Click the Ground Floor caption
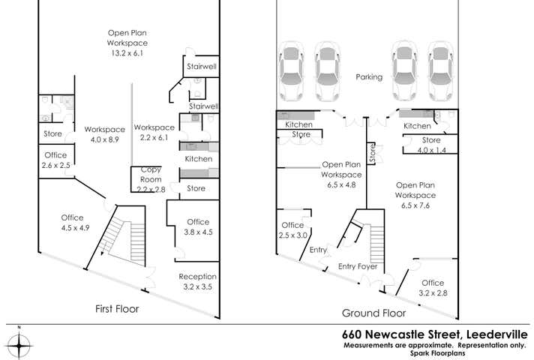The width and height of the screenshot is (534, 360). pos(373,313)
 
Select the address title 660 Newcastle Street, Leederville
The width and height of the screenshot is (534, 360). pos(434,334)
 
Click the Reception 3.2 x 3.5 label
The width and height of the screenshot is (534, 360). pos(197,281)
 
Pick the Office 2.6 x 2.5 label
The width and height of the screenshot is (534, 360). pos(55,160)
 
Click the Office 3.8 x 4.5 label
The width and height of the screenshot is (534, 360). pos(198,226)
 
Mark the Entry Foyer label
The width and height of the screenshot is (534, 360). pos(357,266)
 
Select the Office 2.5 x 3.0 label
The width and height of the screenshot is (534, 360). pos(292,230)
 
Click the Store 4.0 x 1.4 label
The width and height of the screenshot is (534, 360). pos(430,145)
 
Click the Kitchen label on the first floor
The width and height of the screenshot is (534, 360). pos(198,159)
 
